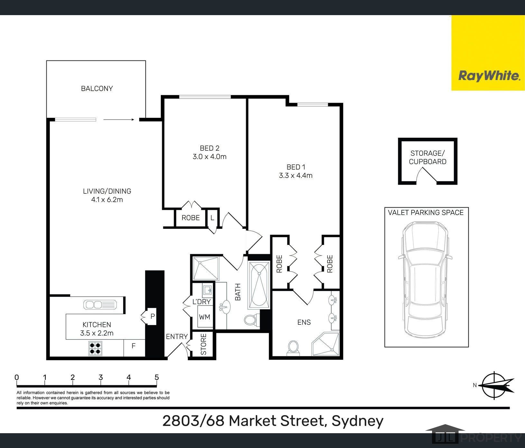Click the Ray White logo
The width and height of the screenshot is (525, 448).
(489, 76)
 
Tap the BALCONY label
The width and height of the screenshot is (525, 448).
(97, 89)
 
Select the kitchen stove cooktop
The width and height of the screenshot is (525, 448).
(95, 348)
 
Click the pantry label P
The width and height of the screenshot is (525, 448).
(152, 316)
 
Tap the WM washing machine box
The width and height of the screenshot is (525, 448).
(205, 317)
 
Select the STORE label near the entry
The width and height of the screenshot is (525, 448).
(204, 344)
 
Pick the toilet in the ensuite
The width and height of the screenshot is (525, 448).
(293, 348)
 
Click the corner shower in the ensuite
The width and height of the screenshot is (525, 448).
(326, 344)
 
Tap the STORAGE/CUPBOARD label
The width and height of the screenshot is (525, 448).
(428, 157)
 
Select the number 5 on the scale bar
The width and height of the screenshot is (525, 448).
(157, 378)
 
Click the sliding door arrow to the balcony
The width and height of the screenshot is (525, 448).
(119, 120)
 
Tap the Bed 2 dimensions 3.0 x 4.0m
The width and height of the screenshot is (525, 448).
(209, 157)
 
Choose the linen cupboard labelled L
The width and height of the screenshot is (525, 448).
(212, 218)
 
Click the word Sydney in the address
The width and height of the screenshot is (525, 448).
(357, 421)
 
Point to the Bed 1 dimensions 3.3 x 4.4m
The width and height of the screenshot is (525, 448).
(296, 175)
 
